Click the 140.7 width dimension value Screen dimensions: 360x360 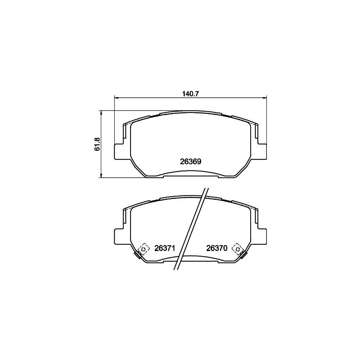click(x=190, y=94)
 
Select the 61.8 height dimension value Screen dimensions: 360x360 click(x=97, y=144)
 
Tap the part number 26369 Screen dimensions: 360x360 click(x=190, y=162)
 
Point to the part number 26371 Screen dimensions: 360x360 click(x=165, y=248)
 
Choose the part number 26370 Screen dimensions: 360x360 click(x=217, y=248)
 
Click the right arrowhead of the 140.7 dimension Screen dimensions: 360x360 click(x=264, y=98)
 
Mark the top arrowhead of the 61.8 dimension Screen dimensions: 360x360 click(x=101, y=113)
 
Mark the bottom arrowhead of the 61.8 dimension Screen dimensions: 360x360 click(x=101, y=175)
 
